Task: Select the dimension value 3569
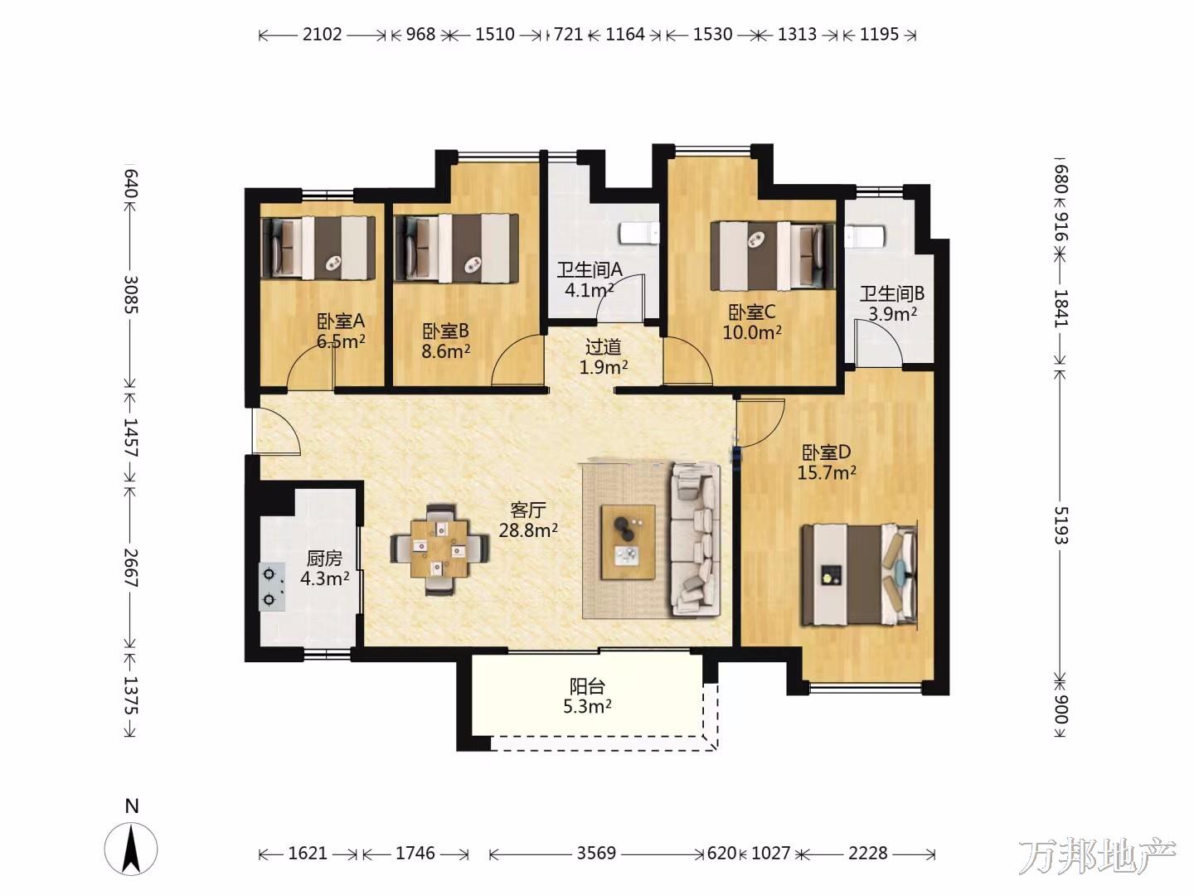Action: pos(596,854)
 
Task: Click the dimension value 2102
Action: pos(322,34)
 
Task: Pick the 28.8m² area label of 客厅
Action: pos(528,530)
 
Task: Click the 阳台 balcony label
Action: pos(587,686)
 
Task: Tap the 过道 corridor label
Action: pos(604,346)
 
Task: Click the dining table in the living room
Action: pos(439,549)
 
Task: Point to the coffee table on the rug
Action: pos(628,542)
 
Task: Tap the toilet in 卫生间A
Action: pos(639,234)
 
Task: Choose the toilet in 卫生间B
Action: pos(864,236)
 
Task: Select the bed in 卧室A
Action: pos(318,248)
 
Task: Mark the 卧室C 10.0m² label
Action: pos(752,322)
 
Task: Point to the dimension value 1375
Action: pos(131,695)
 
